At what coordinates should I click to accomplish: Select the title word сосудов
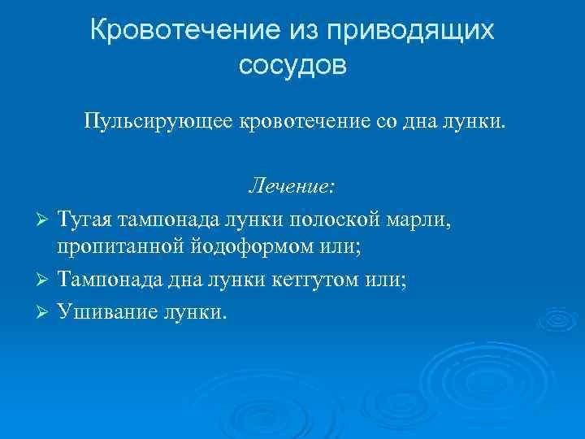click(x=292, y=65)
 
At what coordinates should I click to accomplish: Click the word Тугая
click(x=84, y=220)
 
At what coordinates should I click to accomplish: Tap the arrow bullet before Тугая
click(x=46, y=221)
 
